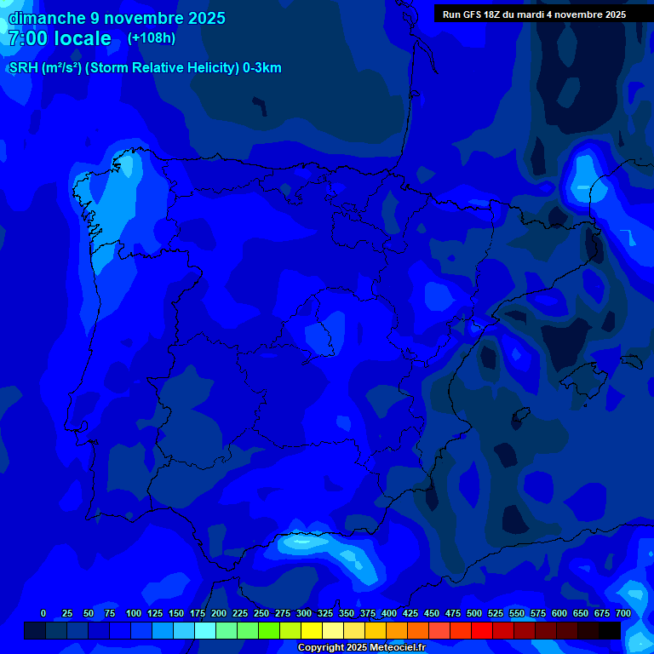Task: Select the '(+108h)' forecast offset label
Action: [x=152, y=38]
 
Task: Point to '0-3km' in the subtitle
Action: [x=262, y=68]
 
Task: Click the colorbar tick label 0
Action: [x=43, y=613]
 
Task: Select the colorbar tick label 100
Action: [x=134, y=613]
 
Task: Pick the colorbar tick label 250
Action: [x=261, y=613]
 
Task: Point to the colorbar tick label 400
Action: [x=389, y=613]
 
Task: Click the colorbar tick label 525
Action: [x=496, y=613]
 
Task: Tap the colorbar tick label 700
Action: [x=623, y=613]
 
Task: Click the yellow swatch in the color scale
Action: [x=312, y=630]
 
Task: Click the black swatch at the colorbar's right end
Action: [x=610, y=630]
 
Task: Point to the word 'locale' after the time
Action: [x=83, y=38]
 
